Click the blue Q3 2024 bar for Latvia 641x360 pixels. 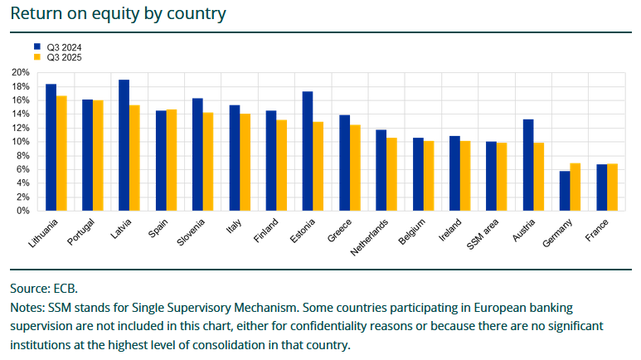124,145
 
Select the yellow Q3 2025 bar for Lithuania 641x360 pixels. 61,153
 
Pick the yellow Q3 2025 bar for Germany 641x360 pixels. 575,187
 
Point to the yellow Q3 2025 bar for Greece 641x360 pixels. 355,168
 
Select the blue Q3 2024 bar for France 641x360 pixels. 601,187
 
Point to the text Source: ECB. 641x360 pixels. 44,289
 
